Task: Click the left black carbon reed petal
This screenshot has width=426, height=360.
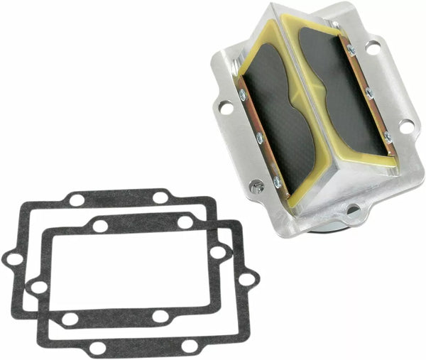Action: click(277, 107)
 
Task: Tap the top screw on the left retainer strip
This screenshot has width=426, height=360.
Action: click(244, 94)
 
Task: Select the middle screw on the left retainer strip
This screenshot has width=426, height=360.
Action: click(259, 138)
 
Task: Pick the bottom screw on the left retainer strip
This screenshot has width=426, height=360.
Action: click(276, 182)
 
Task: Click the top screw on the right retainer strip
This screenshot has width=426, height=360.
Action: click(351, 50)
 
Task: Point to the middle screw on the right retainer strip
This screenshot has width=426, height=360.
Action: click(368, 92)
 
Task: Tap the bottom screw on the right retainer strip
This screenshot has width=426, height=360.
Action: click(386, 135)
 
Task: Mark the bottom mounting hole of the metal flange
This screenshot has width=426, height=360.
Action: click(352, 209)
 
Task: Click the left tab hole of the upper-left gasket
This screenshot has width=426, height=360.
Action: click(13, 259)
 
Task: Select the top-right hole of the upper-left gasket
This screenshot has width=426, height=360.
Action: click(161, 197)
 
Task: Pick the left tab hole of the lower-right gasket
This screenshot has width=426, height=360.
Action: click(40, 287)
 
